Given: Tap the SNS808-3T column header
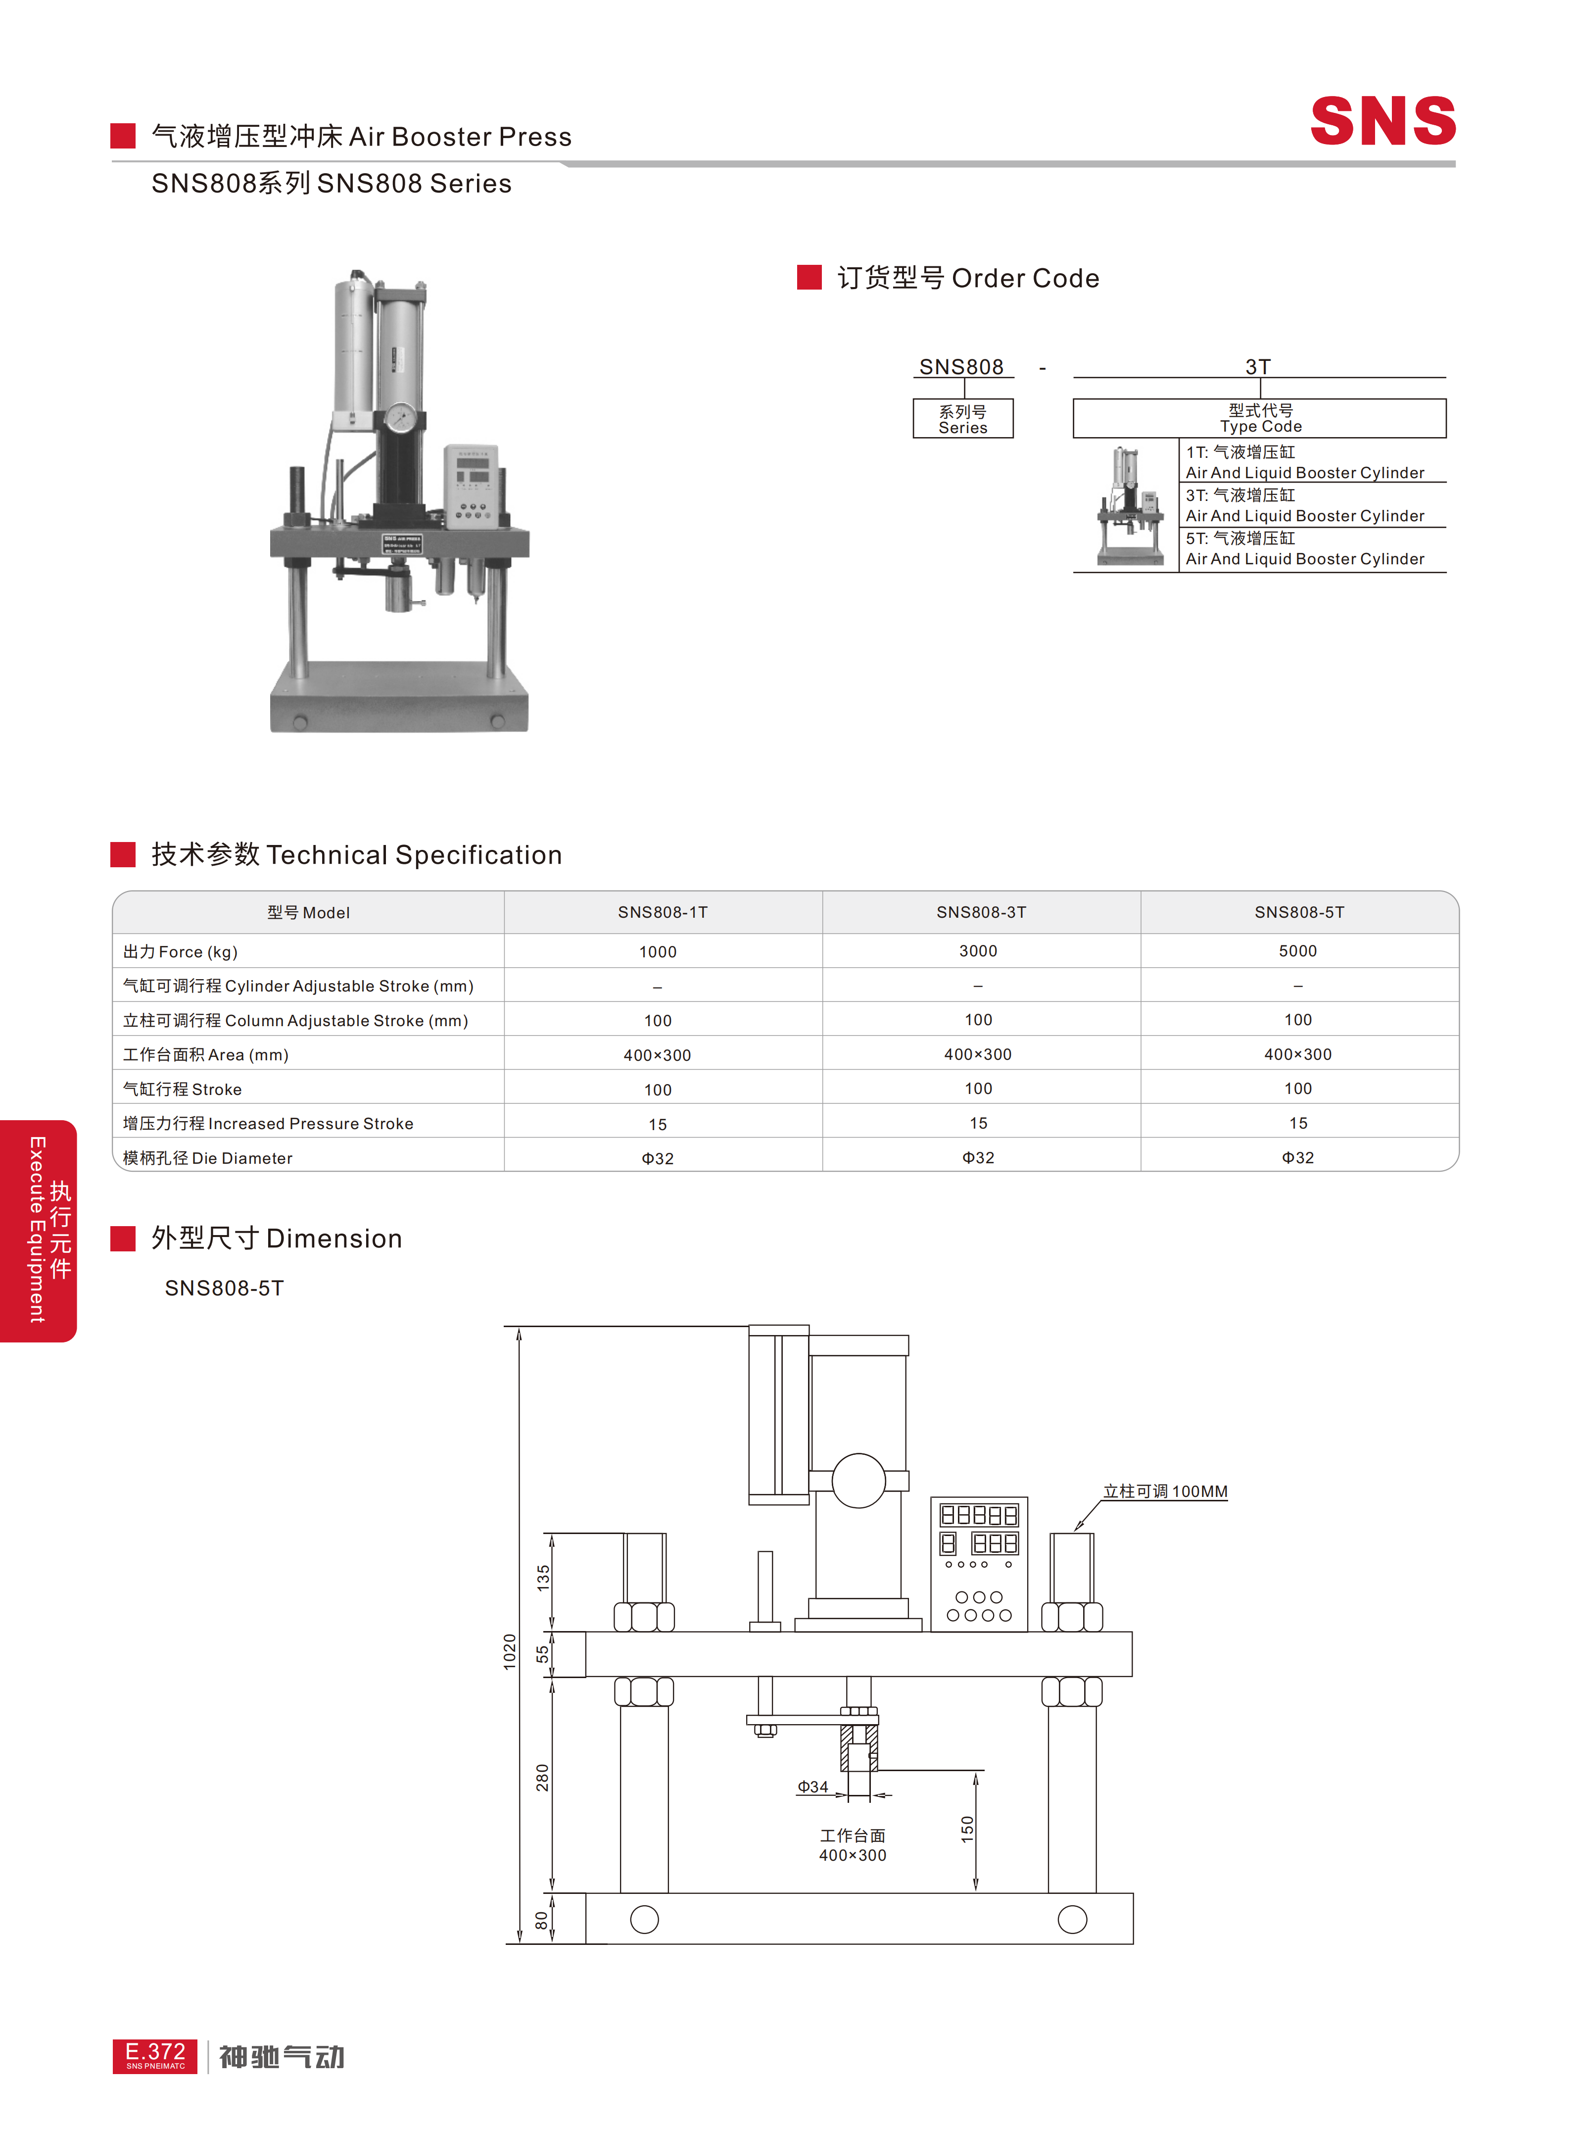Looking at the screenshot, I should coord(980,911).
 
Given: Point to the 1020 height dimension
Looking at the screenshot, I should coord(510,1651).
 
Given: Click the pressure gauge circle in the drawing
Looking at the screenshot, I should coord(858,1481).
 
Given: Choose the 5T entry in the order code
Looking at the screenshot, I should coord(1305,548).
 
